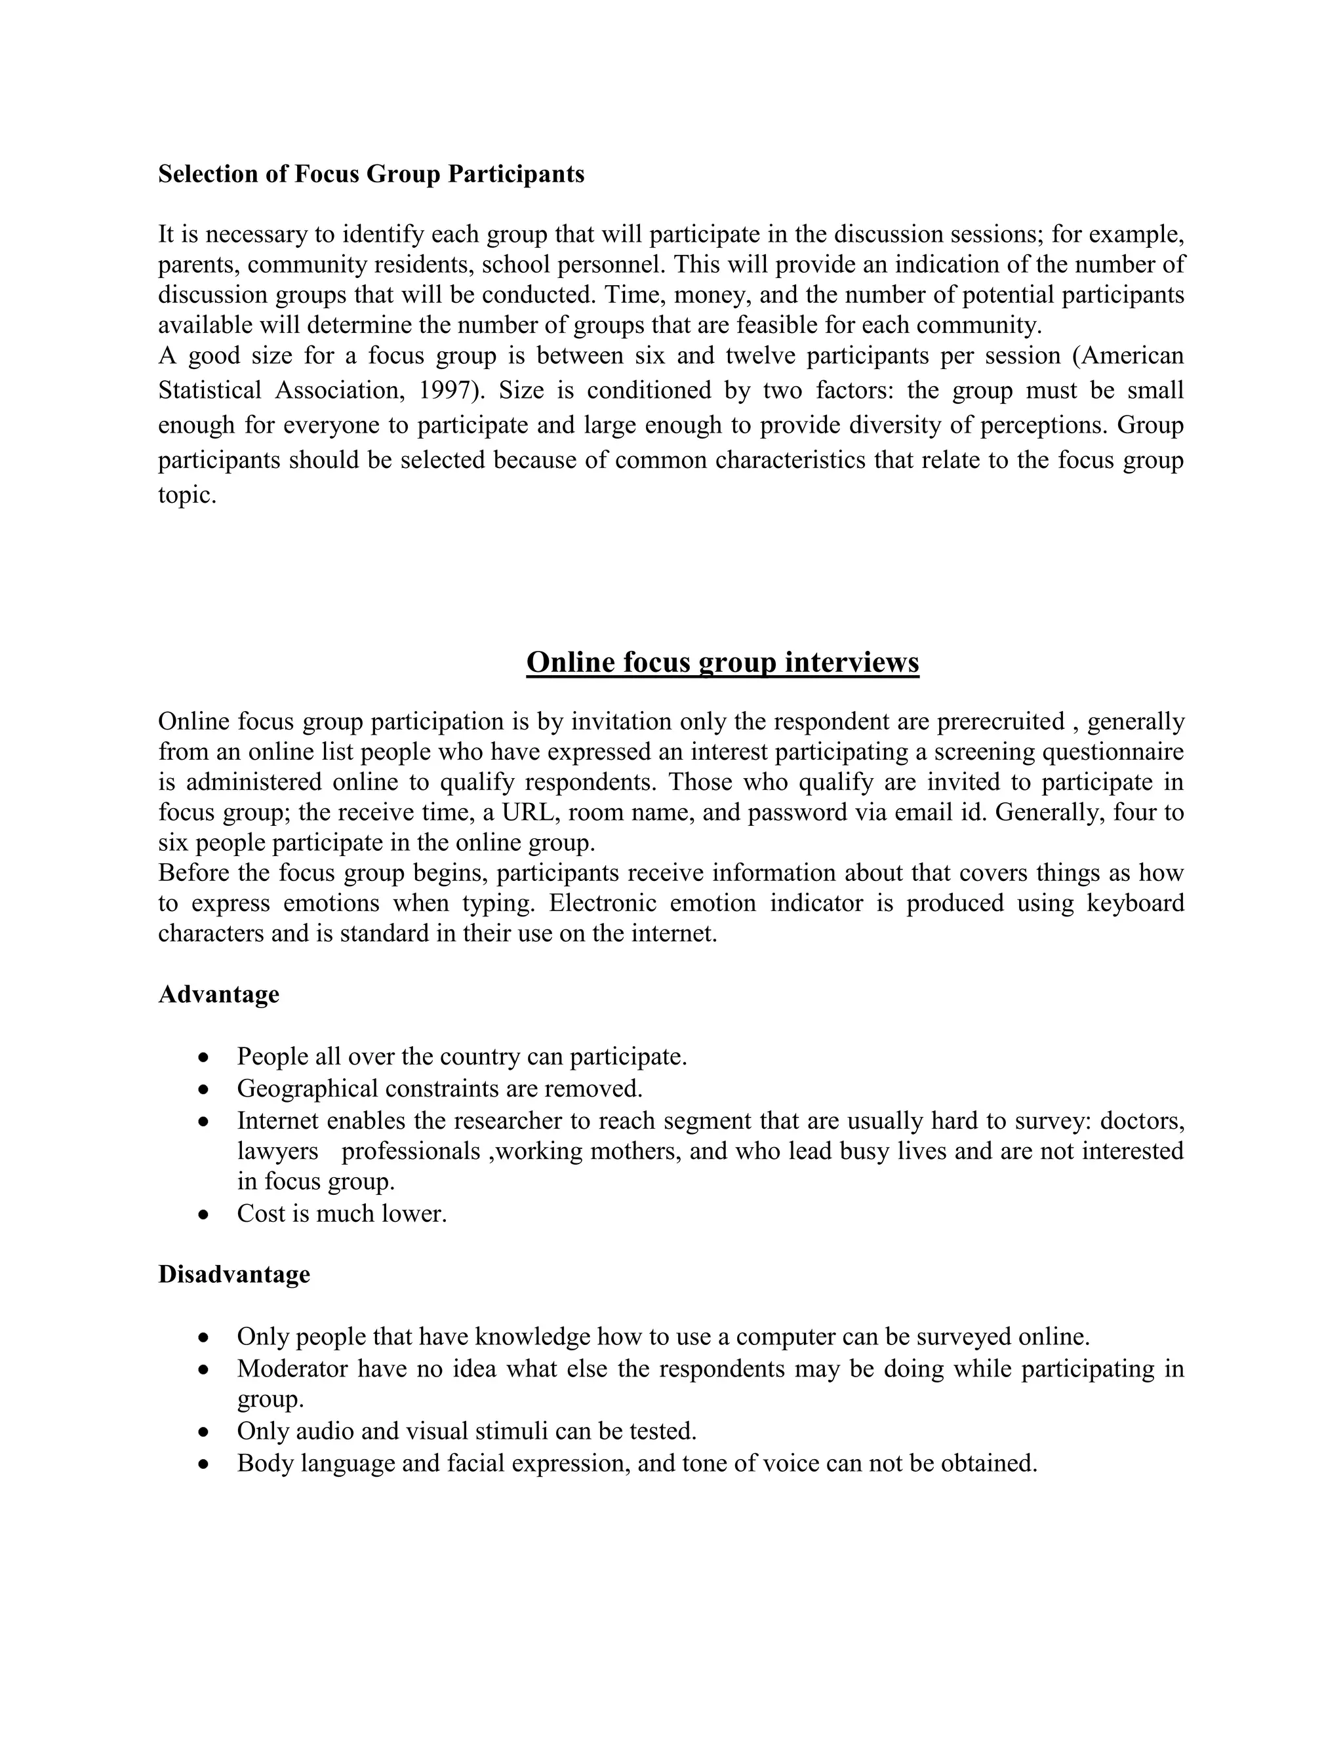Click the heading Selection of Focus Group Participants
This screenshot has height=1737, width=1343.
click(x=371, y=174)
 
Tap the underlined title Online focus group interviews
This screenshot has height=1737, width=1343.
click(x=723, y=662)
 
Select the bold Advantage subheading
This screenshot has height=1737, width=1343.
click(x=219, y=994)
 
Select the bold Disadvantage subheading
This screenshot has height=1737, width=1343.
click(x=234, y=1274)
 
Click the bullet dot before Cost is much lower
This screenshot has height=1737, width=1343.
click(x=205, y=1215)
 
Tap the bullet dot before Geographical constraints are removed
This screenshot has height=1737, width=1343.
click(x=205, y=1089)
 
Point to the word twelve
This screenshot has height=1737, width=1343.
click(x=760, y=355)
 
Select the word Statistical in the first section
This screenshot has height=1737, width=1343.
click(x=209, y=391)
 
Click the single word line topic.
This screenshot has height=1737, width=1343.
click(x=187, y=496)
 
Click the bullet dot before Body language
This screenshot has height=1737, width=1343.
click(x=205, y=1464)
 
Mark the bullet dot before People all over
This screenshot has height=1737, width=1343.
click(x=205, y=1058)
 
